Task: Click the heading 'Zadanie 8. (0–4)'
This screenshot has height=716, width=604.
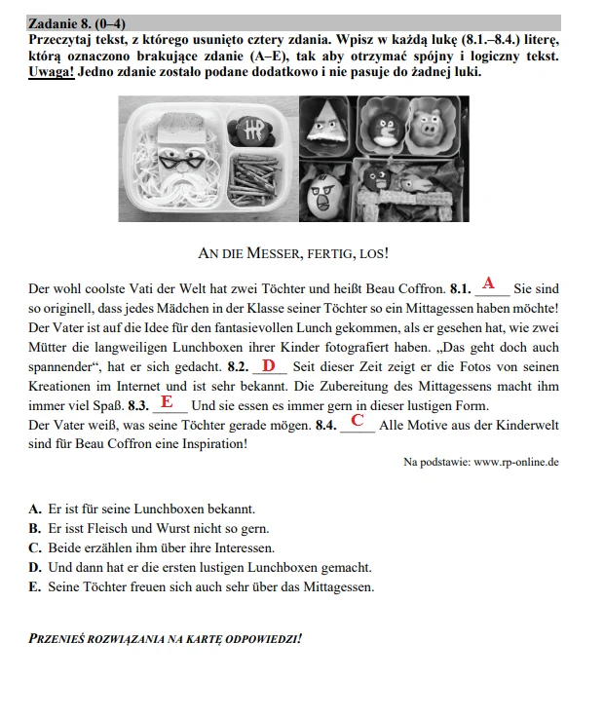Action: click(77, 23)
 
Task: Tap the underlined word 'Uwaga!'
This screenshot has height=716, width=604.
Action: click(52, 72)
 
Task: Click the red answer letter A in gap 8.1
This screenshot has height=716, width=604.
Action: click(489, 283)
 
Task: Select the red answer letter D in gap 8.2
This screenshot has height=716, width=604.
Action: click(269, 365)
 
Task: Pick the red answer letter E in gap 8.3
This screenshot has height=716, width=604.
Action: click(167, 401)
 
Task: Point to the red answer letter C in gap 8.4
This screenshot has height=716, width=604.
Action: click(358, 421)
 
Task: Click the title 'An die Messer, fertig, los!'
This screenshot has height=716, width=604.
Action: click(292, 253)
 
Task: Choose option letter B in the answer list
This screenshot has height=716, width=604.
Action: click(35, 528)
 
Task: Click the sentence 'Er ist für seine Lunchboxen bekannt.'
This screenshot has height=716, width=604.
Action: click(152, 509)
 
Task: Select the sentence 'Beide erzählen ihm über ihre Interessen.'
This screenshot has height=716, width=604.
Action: click(162, 547)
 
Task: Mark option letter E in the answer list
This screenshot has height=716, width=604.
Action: click(35, 586)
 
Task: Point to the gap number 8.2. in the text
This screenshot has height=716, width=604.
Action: click(238, 367)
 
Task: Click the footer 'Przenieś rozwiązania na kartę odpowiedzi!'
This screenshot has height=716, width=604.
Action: click(165, 639)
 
